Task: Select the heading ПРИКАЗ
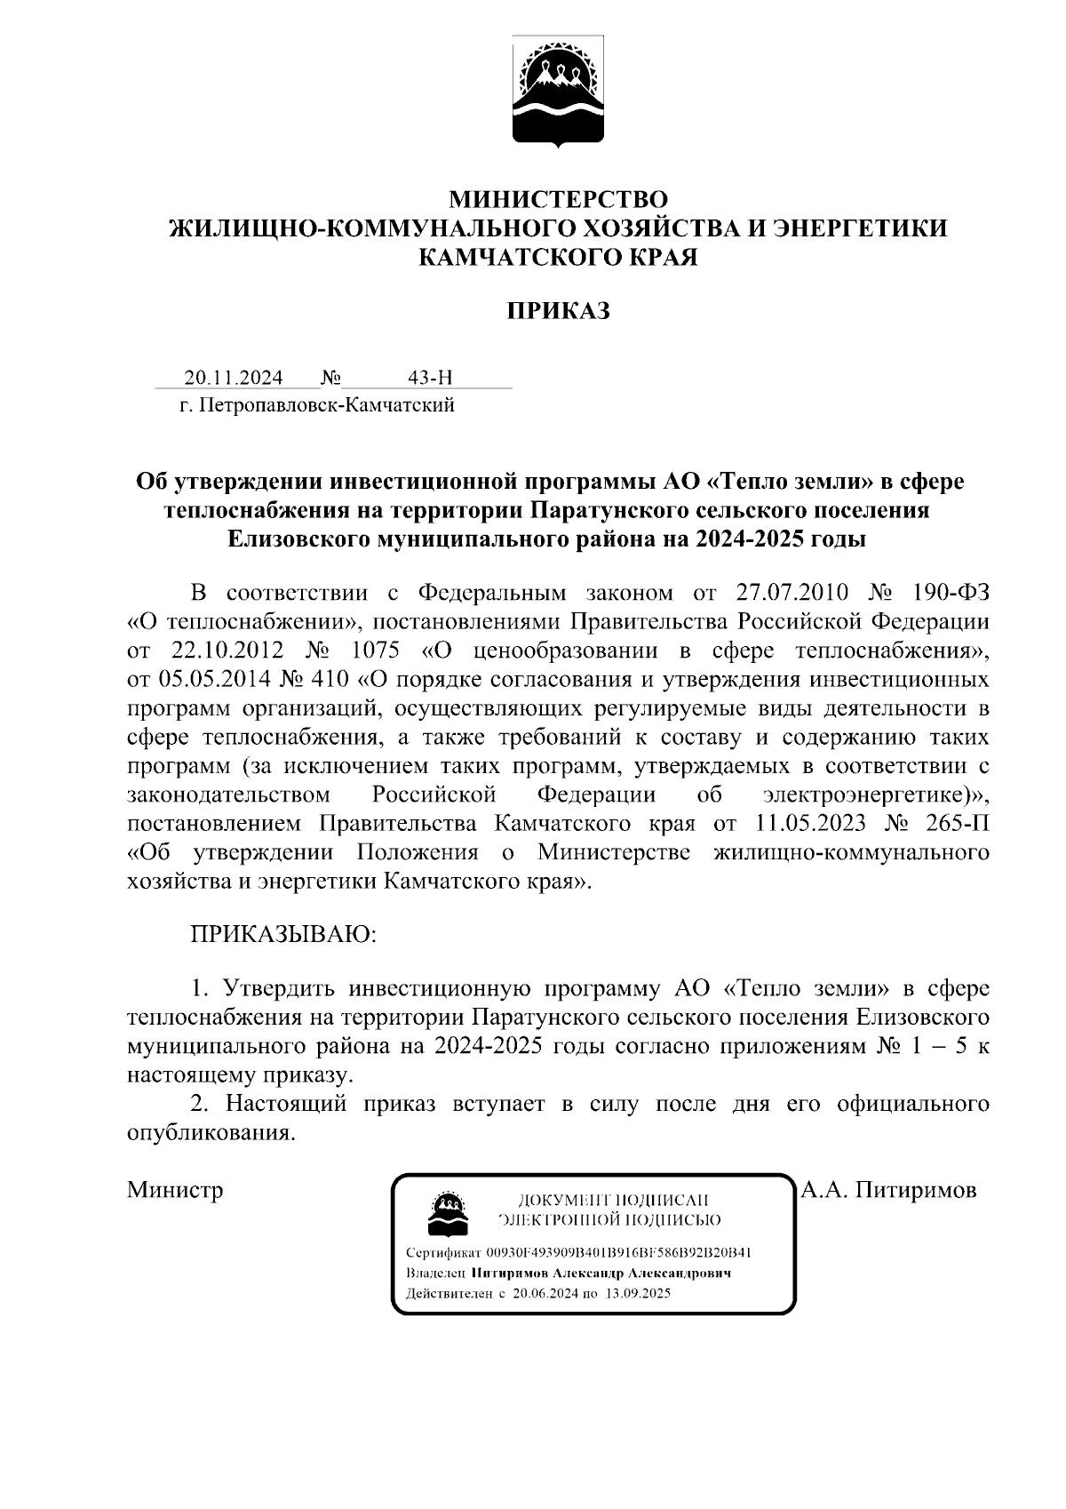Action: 558,311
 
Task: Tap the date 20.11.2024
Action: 234,378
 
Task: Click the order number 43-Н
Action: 430,378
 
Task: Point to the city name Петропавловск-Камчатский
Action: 327,406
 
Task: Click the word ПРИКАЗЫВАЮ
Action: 283,934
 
